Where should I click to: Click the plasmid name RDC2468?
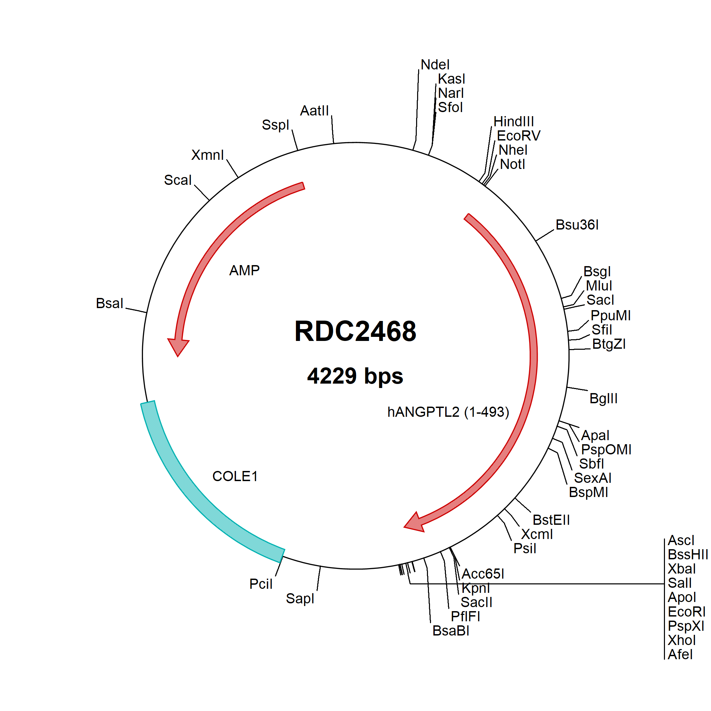click(355, 331)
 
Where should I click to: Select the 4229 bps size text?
click(355, 376)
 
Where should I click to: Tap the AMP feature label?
click(244, 271)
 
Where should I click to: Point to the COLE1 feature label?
click(235, 477)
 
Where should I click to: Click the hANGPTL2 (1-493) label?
click(448, 412)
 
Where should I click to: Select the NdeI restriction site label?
click(435, 65)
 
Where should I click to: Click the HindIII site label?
click(514, 122)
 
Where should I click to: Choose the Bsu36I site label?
click(577, 225)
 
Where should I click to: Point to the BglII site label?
click(604, 398)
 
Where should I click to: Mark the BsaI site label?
click(109, 303)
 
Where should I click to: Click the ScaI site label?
click(178, 180)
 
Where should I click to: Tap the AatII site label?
click(314, 110)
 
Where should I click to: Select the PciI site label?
click(261, 584)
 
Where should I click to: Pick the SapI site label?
click(300, 599)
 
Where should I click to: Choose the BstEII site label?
click(551, 520)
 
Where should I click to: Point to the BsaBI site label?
click(451, 631)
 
